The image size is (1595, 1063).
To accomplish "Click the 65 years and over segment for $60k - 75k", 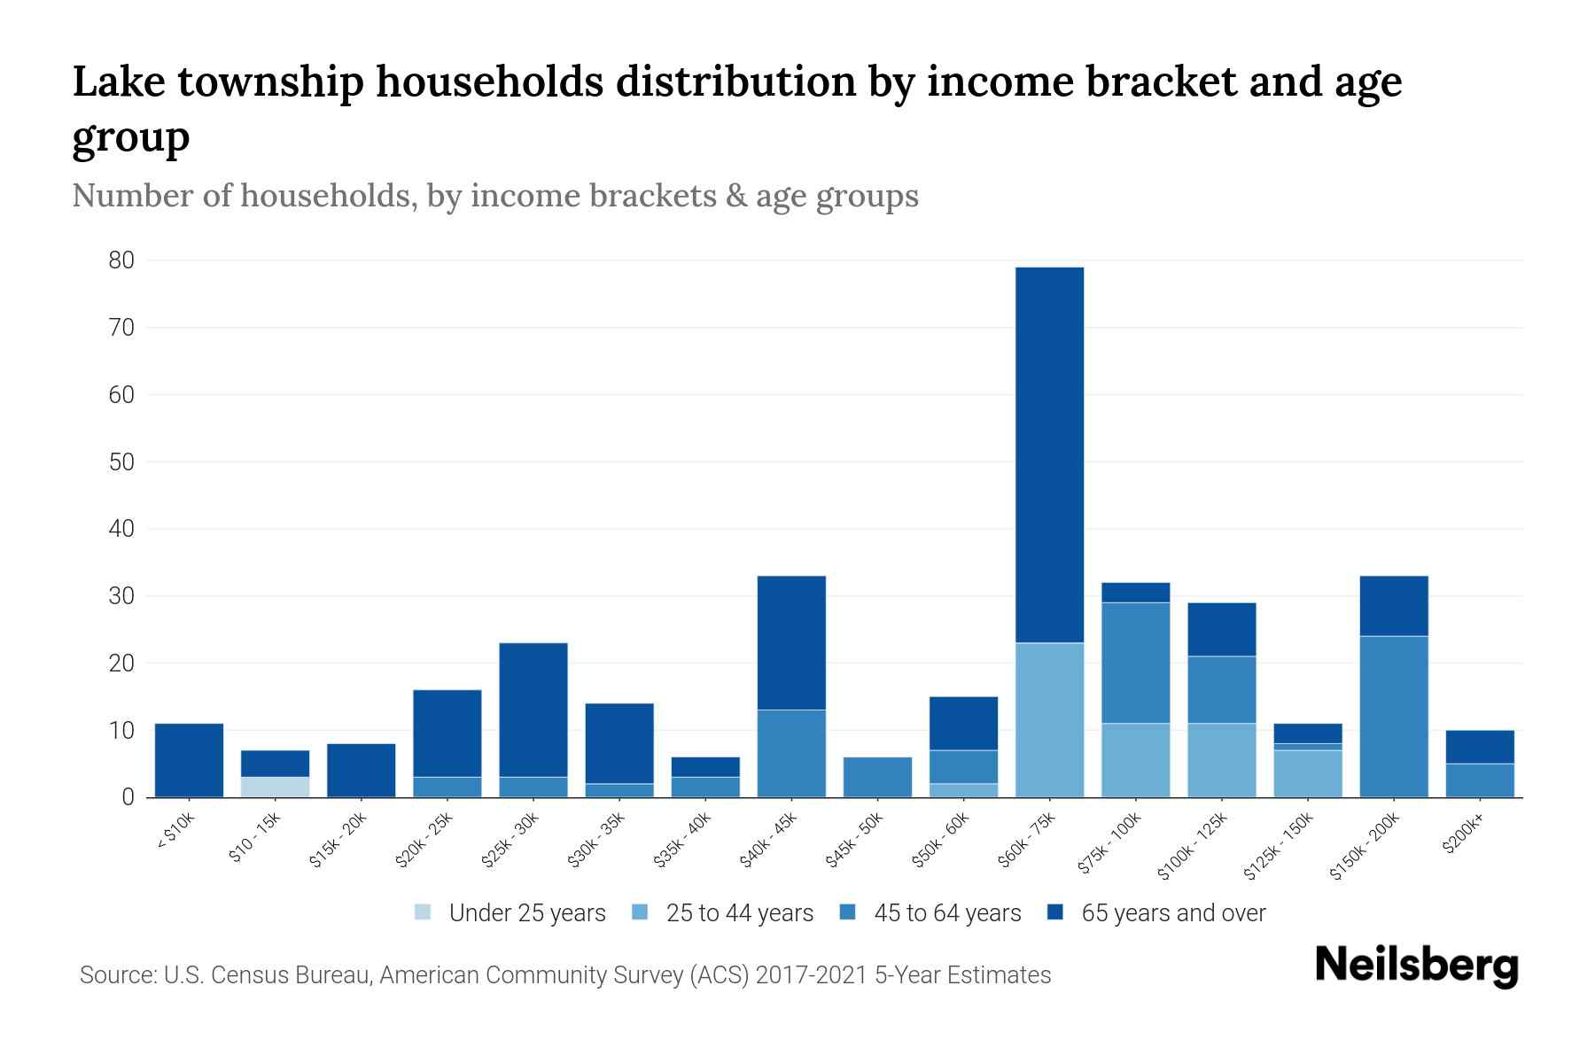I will (x=1049, y=454).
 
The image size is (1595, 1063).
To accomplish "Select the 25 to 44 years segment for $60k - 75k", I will (x=1049, y=719).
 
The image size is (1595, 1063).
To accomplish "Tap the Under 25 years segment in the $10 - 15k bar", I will (x=275, y=787).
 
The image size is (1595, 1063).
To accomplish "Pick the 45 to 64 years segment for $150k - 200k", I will (x=1393, y=716).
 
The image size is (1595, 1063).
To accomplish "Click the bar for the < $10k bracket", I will (x=189, y=760).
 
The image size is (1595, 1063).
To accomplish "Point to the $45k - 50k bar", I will (x=877, y=777).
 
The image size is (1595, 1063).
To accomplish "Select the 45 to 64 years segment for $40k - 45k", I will (x=791, y=753).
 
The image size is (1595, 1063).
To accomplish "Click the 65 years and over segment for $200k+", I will (x=1479, y=747).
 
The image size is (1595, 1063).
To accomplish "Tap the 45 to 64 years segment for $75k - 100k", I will (x=1135, y=663).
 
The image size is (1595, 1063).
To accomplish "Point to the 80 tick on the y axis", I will (x=121, y=260).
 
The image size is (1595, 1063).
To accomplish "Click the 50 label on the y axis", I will (x=121, y=462).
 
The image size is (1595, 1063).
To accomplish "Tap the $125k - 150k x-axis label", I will (x=1279, y=846).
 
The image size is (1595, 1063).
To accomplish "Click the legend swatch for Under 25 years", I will (x=423, y=912).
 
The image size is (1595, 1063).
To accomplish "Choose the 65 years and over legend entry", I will (x=1172, y=912).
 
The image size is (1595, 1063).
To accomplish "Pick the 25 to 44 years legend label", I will (x=739, y=912).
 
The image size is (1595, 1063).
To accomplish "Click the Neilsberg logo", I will (x=1416, y=966).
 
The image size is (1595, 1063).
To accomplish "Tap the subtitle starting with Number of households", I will (x=494, y=196).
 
